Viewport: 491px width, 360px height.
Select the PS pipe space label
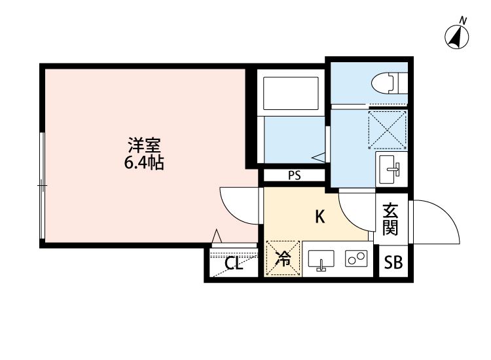(x=293, y=175)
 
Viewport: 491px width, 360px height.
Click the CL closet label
(x=233, y=264)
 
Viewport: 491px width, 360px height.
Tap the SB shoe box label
(x=393, y=263)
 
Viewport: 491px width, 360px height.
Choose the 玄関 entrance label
(x=391, y=220)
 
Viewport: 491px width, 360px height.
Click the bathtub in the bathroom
(x=290, y=96)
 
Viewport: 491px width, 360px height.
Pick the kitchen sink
(x=321, y=260)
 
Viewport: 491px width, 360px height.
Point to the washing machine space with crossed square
(x=388, y=128)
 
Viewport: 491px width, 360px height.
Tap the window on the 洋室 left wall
(x=42, y=187)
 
